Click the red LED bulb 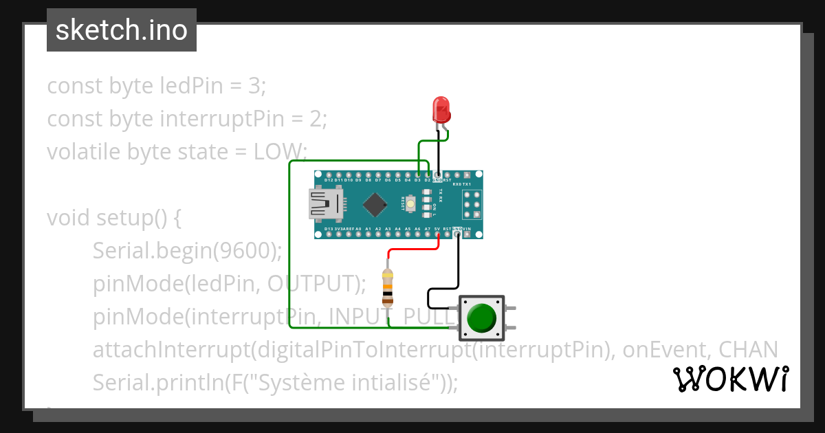pyautogui.click(x=440, y=110)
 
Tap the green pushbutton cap pyautogui.click(x=481, y=318)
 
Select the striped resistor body pyautogui.click(x=388, y=287)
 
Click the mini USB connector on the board pyautogui.click(x=327, y=204)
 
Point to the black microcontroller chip pyautogui.click(x=375, y=204)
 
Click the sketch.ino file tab pyautogui.click(x=122, y=30)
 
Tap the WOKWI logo pyautogui.click(x=730, y=379)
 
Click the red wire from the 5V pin pyautogui.click(x=412, y=250)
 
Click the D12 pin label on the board pyautogui.click(x=329, y=180)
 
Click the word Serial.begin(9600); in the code pyautogui.click(x=187, y=251)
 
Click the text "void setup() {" pyautogui.click(x=113, y=218)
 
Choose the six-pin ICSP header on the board pyautogui.click(x=471, y=204)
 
